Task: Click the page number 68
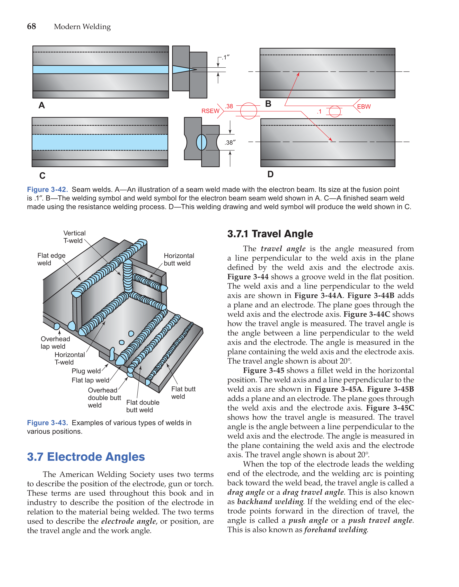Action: pos(31,26)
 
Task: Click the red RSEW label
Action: pos(210,111)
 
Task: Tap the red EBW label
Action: pos(364,107)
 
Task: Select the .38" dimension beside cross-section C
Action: pos(230,142)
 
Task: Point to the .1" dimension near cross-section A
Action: pos(225,57)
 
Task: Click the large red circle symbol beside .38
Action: pos(248,111)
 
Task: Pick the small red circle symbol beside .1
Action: pos(334,111)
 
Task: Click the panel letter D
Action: pos(270,174)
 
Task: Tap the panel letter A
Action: pos(42,105)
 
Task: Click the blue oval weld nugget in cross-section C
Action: pos(201,142)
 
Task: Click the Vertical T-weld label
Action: pos(74,237)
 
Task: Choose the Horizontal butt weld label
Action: pos(179,259)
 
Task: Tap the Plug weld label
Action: pos(86,371)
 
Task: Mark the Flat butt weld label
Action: pos(183,393)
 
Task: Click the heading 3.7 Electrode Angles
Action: pos(86,457)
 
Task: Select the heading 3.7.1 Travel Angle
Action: pos(270,234)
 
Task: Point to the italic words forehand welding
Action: pos(336,530)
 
